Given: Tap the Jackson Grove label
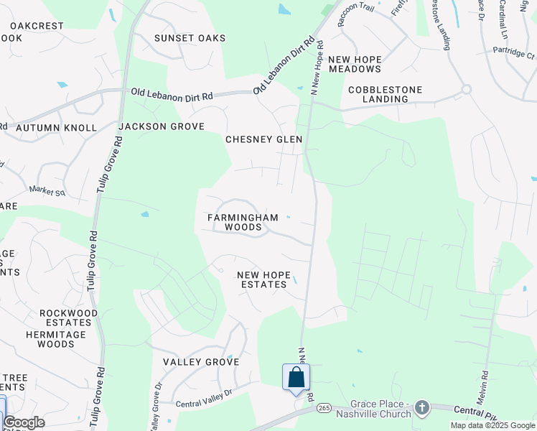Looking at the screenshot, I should click(x=162, y=126).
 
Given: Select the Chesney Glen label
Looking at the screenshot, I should click(x=263, y=139).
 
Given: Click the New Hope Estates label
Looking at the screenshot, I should click(x=263, y=279).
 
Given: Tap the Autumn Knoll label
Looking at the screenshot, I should click(x=56, y=128).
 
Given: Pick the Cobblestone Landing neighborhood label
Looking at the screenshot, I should click(x=385, y=94).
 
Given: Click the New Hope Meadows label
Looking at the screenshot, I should click(x=355, y=63).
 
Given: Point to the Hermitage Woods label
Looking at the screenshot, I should click(x=60, y=339).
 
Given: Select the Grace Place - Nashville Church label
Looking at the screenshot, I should click(x=380, y=409).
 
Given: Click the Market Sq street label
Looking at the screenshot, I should click(x=47, y=191).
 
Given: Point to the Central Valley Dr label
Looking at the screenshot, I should click(x=205, y=394).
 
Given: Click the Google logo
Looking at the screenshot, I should click(x=24, y=422).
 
